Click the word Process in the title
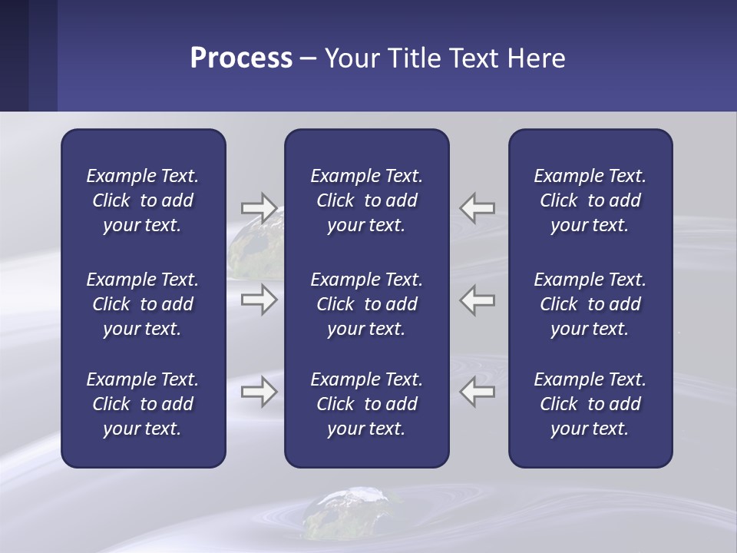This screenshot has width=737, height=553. [x=241, y=58]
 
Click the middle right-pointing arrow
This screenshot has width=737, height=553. [x=259, y=300]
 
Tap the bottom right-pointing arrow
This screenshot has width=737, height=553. [x=259, y=392]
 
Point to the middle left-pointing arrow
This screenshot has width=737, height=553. [x=478, y=300]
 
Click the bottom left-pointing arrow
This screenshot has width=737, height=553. [x=478, y=392]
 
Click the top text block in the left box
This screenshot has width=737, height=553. [x=143, y=200]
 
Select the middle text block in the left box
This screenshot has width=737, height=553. [x=143, y=304]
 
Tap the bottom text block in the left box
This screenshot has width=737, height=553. [x=143, y=404]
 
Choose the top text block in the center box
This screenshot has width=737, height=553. [x=366, y=200]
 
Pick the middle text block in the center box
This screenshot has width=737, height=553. [x=366, y=304]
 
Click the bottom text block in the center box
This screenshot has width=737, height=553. [x=366, y=404]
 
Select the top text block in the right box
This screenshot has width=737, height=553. [x=590, y=200]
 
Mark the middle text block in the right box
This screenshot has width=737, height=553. [x=590, y=304]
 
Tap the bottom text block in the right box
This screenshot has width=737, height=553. [x=590, y=404]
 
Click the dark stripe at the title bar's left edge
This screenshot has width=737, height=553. [x=14, y=55]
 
